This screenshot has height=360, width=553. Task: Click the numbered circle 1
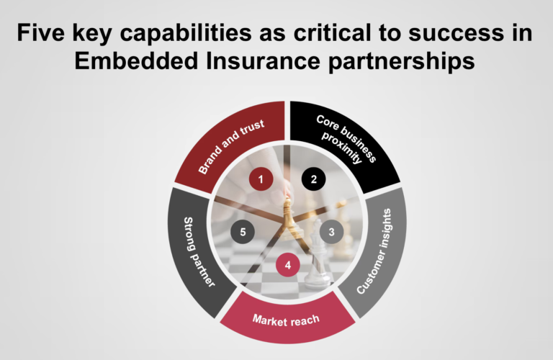point(261,179)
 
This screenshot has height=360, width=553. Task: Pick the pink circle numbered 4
point(287,266)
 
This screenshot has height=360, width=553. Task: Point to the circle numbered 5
point(243,232)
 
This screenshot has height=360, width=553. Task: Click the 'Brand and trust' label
point(232,148)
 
